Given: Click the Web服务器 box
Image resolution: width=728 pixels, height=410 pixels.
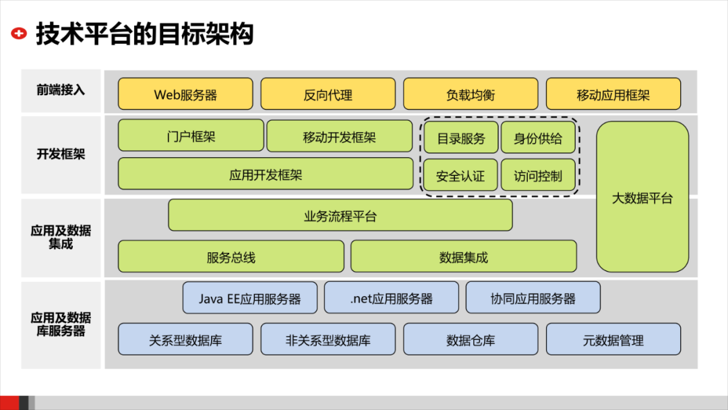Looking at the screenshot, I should (185, 94).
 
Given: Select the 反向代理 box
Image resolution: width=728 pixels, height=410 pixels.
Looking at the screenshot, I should (328, 94).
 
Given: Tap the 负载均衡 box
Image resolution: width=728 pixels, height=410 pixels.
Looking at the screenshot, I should (471, 94).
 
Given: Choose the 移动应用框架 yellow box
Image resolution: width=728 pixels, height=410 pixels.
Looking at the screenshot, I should (613, 94).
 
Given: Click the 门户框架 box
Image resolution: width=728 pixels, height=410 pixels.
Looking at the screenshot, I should (191, 136).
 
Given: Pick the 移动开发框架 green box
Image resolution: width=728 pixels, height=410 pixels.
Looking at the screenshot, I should (339, 137).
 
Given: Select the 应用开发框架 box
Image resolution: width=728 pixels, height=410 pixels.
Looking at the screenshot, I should (266, 174).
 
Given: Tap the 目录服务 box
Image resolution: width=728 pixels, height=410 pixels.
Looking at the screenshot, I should (461, 138).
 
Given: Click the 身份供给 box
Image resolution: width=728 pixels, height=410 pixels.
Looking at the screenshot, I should (538, 138).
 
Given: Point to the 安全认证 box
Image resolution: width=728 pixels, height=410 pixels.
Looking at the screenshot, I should (460, 176).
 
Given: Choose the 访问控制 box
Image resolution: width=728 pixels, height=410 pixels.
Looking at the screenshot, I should (538, 176).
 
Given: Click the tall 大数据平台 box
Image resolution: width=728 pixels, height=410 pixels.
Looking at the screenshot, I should (642, 198).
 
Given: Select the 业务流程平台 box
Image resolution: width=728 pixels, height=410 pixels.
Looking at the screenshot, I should (340, 216).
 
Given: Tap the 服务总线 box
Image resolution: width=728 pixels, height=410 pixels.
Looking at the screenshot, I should (231, 257).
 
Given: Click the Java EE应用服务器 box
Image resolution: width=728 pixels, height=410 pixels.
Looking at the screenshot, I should (249, 298).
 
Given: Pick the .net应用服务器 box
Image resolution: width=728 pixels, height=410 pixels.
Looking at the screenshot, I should (391, 298).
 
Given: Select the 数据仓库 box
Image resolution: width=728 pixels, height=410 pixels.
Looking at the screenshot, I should (471, 340).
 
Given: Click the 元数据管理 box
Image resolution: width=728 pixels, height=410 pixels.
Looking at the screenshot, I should (613, 340).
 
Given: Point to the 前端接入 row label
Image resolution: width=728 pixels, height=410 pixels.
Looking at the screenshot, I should (61, 90).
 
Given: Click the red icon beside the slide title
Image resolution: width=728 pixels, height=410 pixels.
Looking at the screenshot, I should (20, 33).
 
